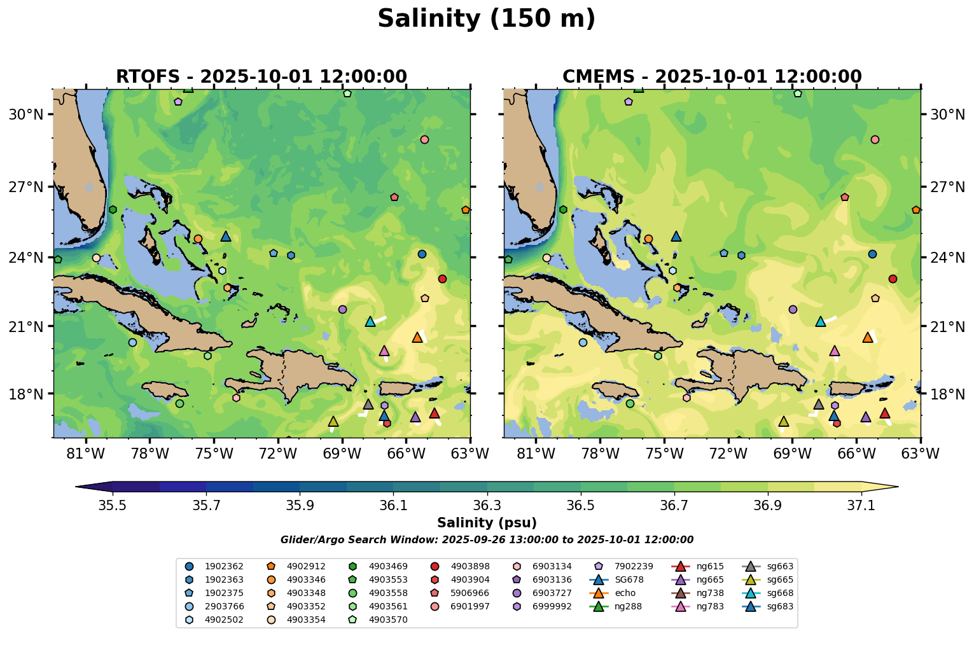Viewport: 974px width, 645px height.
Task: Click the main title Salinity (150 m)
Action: coord(486,19)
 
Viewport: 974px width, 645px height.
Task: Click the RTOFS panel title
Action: coord(261,77)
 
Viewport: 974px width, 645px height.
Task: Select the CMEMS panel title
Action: coord(712,77)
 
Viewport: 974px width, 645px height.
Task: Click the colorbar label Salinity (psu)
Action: coord(487,523)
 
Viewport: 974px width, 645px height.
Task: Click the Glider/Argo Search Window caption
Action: coord(487,540)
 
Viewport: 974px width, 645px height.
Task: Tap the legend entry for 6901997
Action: coord(470,606)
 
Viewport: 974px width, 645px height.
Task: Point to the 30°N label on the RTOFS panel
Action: coord(25,114)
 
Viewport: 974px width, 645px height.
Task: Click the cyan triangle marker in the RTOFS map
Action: coord(370,322)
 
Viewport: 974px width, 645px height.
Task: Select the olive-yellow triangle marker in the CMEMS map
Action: coord(784,422)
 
